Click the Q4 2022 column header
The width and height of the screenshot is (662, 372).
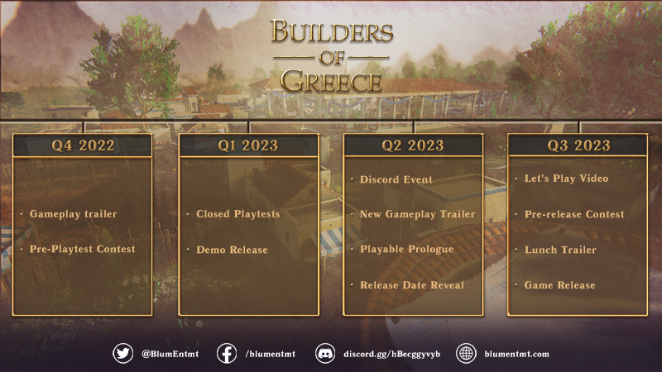coord(83,145)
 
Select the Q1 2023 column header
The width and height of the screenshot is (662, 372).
coord(248,145)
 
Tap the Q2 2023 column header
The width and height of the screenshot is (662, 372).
coord(413,145)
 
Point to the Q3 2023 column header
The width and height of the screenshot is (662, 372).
coord(578,145)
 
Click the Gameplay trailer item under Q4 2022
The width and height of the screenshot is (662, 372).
coord(73,214)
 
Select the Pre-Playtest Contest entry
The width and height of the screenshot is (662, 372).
coord(82,250)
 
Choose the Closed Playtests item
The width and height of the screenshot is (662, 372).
coord(238,214)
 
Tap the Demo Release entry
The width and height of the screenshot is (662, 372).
coord(232,250)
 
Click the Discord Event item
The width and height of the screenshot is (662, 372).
coord(396,179)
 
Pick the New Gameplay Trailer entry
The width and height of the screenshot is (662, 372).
coord(417,214)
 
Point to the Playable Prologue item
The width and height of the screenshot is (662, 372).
coord(406,250)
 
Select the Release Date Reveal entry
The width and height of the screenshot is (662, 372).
coord(411,285)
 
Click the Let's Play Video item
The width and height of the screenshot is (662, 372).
coord(566,179)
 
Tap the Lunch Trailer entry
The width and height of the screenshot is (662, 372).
coord(560,250)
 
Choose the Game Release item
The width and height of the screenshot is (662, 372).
coord(559,285)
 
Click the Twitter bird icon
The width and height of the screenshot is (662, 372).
coord(122,354)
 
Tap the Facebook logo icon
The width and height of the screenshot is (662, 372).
coord(227,354)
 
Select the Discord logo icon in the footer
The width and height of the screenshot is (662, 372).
coord(325,354)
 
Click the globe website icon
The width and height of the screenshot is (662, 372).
coord(466,354)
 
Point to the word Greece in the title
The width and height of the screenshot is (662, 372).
coord(332,80)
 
